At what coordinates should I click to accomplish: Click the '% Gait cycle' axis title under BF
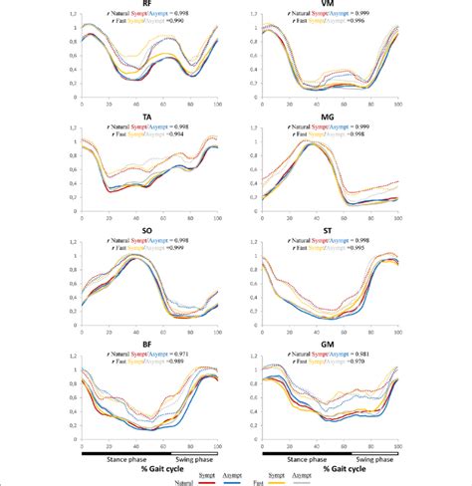[157, 468]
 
